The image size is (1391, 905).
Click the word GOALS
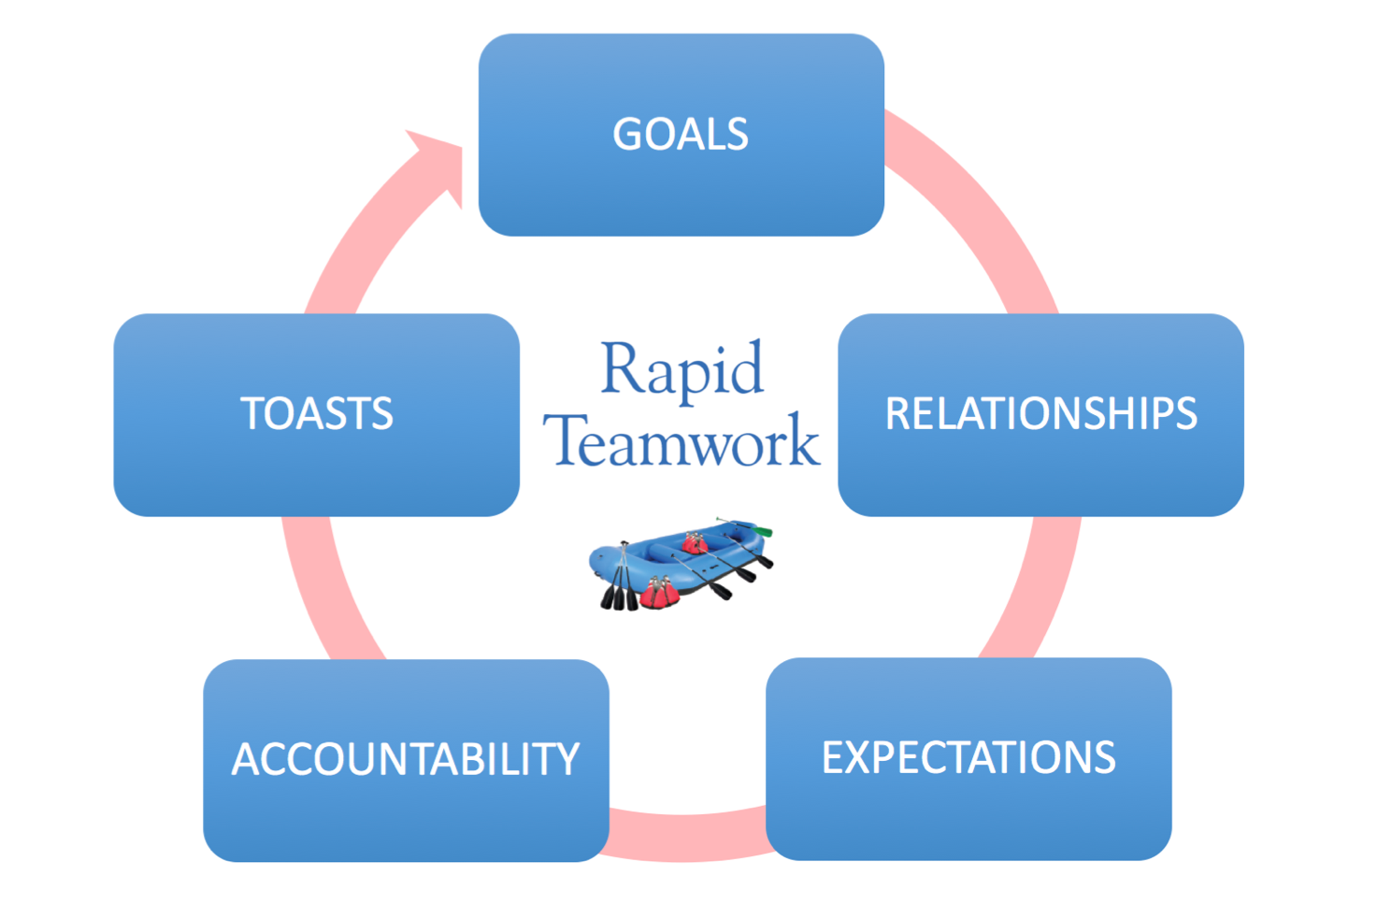(681, 135)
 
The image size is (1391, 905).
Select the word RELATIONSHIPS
(1040, 413)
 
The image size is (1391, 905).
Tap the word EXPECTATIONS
(968, 758)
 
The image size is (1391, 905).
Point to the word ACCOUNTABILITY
(406, 759)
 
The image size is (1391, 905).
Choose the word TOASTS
(317, 413)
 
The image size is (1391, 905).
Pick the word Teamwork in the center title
(681, 439)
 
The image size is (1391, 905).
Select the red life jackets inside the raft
(695, 543)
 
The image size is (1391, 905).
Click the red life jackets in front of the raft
(659, 593)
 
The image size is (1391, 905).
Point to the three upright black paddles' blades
(619, 597)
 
